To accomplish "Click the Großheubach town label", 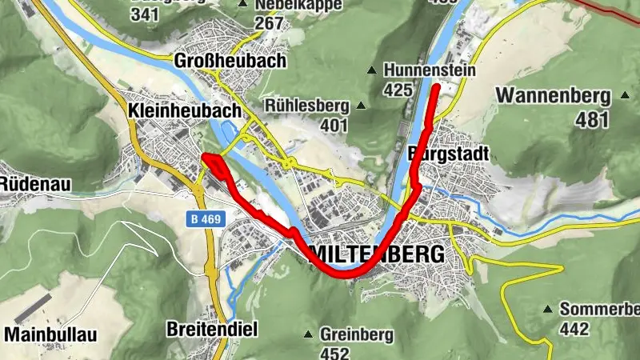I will point(229,62).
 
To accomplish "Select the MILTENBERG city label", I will point(377,254).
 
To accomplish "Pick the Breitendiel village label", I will point(210,328).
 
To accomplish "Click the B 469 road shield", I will point(206,218).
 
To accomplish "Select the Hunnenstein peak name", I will point(430,71).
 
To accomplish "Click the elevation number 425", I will point(397,90).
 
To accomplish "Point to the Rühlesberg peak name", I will point(308,106).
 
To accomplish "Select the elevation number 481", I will point(592,118).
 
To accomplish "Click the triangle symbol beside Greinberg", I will point(310,334).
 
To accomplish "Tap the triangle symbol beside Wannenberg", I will point(626,95).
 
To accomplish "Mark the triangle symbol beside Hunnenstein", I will point(372,71).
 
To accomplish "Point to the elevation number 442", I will point(574,328).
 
